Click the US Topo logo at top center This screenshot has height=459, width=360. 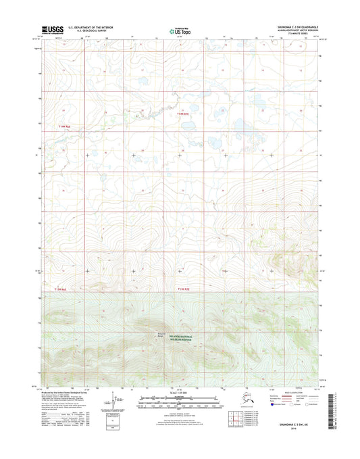point(178,30)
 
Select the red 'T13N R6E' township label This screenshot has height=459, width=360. point(60,289)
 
